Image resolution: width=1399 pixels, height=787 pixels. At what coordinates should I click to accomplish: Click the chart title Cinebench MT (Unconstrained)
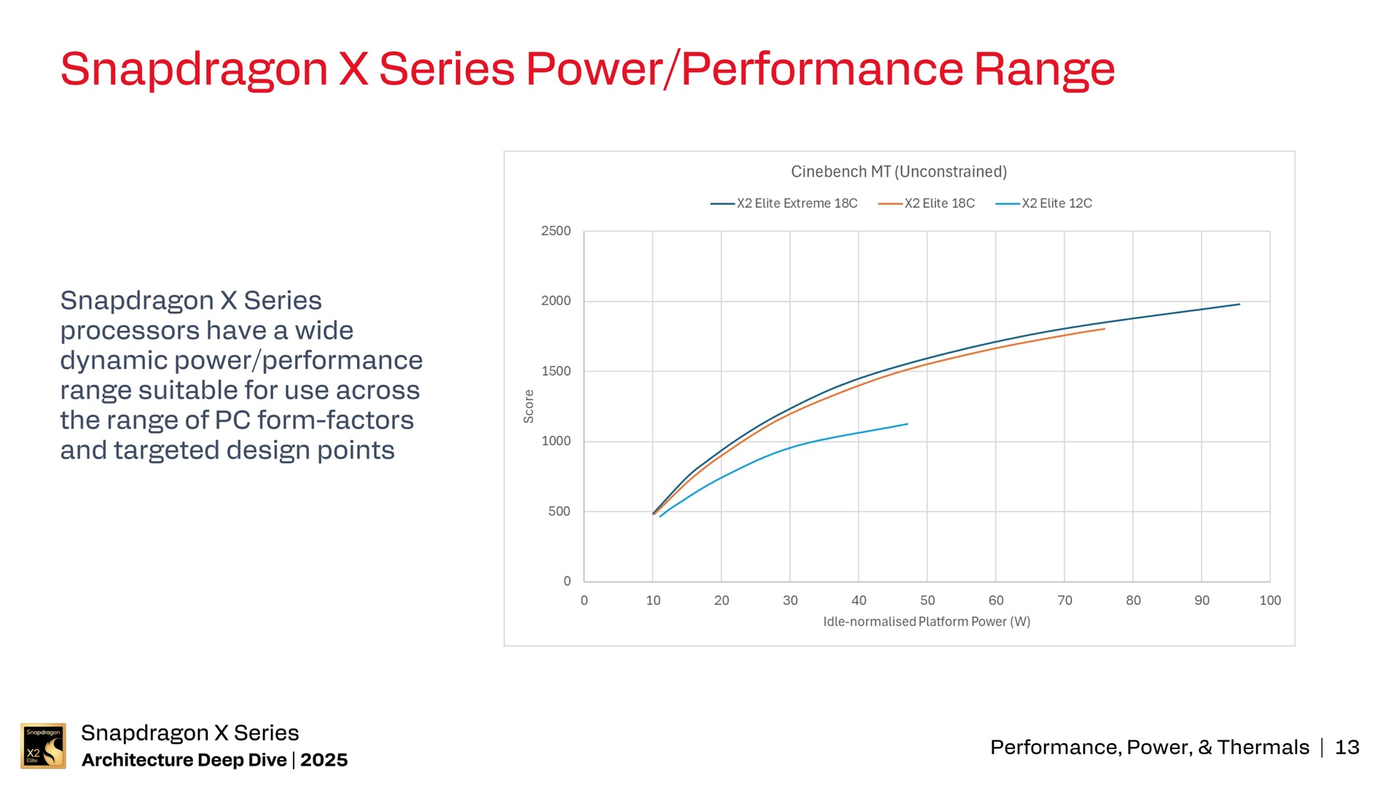point(898,172)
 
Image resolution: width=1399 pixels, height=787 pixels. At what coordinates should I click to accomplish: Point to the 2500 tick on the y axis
point(556,231)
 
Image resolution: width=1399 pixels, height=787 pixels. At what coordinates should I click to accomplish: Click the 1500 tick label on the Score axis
point(556,371)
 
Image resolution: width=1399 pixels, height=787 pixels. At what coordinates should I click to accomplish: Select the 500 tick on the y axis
point(559,512)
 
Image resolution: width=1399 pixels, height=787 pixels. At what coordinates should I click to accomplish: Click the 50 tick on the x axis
point(928,600)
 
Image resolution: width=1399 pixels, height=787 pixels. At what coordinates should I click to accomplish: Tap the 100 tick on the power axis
point(1270,600)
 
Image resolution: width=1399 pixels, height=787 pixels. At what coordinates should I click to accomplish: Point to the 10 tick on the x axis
point(653,600)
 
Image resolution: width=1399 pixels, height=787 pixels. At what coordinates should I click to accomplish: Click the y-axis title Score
point(529,406)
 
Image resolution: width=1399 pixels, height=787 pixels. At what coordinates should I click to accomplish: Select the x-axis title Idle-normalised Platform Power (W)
point(927,622)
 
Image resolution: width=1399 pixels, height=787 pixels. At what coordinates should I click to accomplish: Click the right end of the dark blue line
point(1239,305)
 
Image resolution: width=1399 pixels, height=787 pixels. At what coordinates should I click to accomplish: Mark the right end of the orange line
point(1104,329)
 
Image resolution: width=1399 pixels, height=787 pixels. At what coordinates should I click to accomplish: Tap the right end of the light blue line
point(907,424)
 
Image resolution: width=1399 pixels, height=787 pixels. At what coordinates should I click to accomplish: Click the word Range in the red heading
point(1044,70)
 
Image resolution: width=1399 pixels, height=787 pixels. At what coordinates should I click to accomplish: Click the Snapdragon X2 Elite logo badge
point(43,745)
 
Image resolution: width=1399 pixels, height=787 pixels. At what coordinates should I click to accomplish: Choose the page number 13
point(1347,748)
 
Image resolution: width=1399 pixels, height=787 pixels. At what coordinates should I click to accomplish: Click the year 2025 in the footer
point(324,760)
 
